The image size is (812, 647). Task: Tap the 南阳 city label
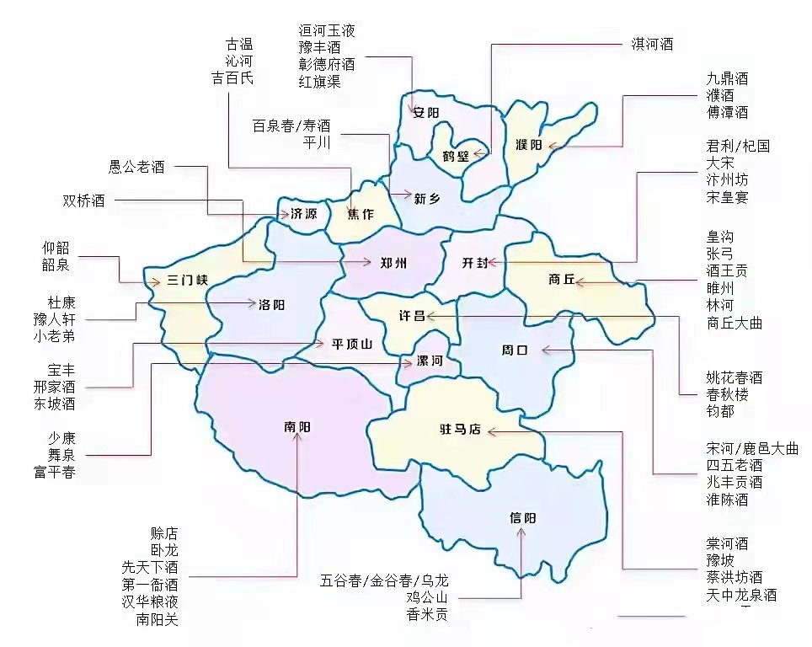(x=297, y=427)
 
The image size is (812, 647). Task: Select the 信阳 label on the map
(x=522, y=517)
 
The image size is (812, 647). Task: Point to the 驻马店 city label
(x=459, y=430)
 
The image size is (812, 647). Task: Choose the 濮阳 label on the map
(x=528, y=145)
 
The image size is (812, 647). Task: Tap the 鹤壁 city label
(x=455, y=156)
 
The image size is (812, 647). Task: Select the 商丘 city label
(x=560, y=280)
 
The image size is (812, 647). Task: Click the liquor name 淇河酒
(x=652, y=44)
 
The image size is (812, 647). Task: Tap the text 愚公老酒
(x=136, y=167)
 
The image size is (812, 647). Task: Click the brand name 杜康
(x=61, y=302)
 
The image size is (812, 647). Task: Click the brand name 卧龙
(x=164, y=550)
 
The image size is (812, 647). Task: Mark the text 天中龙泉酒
(x=741, y=595)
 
